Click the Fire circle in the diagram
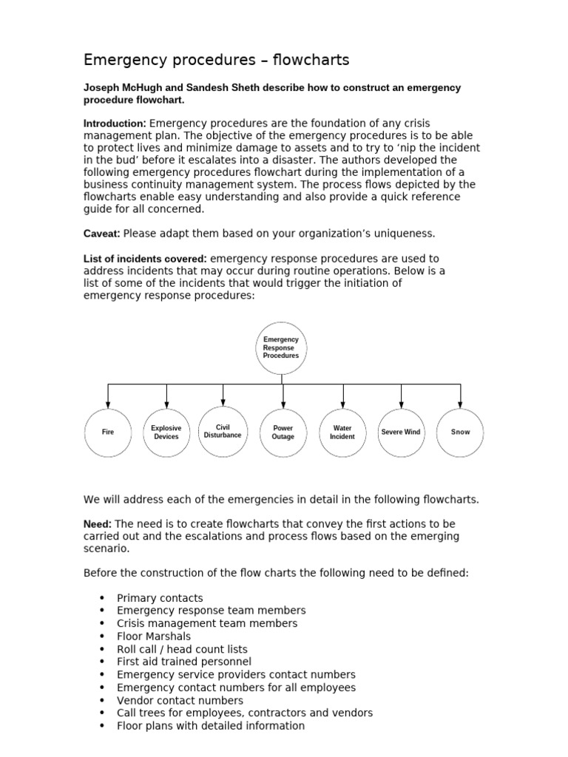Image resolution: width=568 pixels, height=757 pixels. (108, 432)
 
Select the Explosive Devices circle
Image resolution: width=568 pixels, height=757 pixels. (166, 432)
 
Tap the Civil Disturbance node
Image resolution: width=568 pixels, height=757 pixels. (223, 431)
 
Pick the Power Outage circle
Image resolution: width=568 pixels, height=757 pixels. (283, 432)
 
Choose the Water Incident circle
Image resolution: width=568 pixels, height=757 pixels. (342, 432)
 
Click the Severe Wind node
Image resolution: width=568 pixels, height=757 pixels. (401, 432)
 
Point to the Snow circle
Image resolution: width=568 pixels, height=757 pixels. (460, 432)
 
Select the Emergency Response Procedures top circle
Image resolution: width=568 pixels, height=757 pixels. (282, 347)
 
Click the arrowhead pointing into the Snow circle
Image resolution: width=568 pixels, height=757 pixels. (460, 404)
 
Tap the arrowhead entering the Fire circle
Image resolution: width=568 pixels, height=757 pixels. (108, 404)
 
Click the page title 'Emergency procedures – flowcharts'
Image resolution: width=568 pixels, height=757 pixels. (216, 60)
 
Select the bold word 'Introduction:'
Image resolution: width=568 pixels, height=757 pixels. (115, 123)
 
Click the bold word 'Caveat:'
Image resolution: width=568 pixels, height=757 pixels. (101, 234)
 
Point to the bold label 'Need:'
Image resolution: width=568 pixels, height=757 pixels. (98, 524)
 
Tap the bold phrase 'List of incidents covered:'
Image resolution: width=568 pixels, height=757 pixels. (146, 259)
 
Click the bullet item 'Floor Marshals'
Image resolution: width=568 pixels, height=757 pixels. (154, 637)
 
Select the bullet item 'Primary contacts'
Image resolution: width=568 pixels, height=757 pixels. (160, 598)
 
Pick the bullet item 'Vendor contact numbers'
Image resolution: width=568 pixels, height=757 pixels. (180, 700)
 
